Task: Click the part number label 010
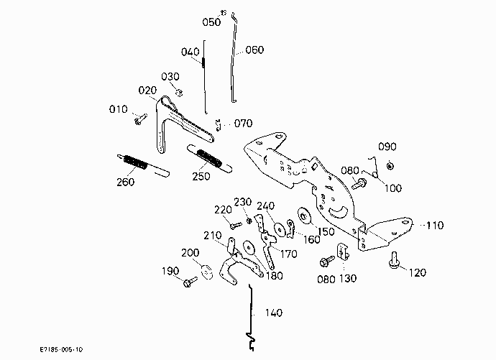pyautogui.click(x=119, y=109)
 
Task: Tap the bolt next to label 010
pyautogui.click(x=140, y=119)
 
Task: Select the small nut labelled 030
pyautogui.click(x=180, y=93)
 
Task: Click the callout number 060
pyautogui.click(x=254, y=50)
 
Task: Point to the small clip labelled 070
pyautogui.click(x=218, y=125)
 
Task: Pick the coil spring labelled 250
pyautogui.click(x=209, y=159)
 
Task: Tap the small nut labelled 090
pyautogui.click(x=390, y=165)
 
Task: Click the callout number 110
pyautogui.click(x=435, y=226)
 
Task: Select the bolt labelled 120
pyautogui.click(x=393, y=260)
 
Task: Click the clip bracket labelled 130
pyautogui.click(x=343, y=252)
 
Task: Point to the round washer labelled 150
pyautogui.click(x=306, y=216)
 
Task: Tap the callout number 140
pyautogui.click(x=274, y=313)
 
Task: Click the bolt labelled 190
pyautogui.click(x=190, y=282)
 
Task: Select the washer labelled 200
pyautogui.click(x=207, y=272)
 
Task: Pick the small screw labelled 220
pyautogui.click(x=236, y=226)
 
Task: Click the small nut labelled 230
pyautogui.click(x=249, y=221)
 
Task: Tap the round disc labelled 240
pyautogui.click(x=280, y=229)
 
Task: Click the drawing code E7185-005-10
pyautogui.click(x=61, y=349)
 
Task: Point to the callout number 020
pyautogui.click(x=148, y=91)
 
